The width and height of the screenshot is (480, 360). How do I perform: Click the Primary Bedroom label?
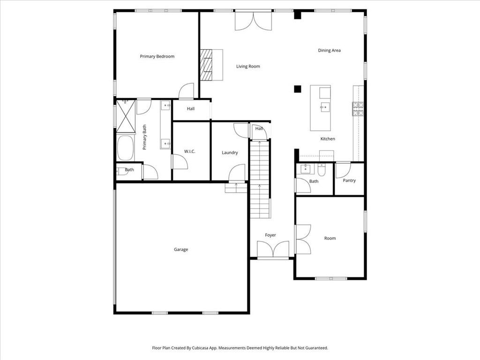coord(157,56)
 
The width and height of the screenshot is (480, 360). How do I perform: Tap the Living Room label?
coord(247,67)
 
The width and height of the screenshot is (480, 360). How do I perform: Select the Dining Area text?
coord(329,51)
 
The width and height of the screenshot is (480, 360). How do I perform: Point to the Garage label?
coord(181,249)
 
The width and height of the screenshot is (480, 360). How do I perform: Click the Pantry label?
coord(349,180)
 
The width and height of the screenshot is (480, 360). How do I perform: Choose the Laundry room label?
coord(230,152)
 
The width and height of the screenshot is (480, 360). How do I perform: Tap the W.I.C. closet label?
coord(190,151)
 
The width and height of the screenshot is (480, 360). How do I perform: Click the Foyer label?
coord(270,235)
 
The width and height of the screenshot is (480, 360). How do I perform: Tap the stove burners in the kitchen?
coord(358,109)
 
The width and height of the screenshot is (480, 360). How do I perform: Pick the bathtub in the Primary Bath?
coord(125,148)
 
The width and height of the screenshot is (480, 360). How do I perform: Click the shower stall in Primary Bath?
coord(125,116)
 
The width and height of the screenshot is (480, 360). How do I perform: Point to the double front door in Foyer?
coord(273,249)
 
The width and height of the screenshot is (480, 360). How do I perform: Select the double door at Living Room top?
coord(253,21)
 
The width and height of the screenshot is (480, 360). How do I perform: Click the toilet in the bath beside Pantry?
coord(322,168)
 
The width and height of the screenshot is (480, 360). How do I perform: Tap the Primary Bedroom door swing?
coord(187,91)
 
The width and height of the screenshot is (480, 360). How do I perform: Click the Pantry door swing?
coord(343,169)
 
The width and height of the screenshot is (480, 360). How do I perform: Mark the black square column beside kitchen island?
coord(297,89)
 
